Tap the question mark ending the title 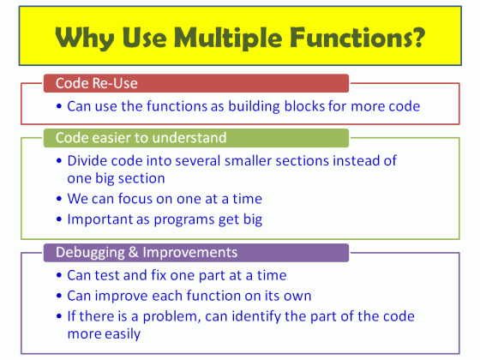tap(419, 39)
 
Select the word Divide tap(88, 161)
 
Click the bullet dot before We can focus tap(58, 199)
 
